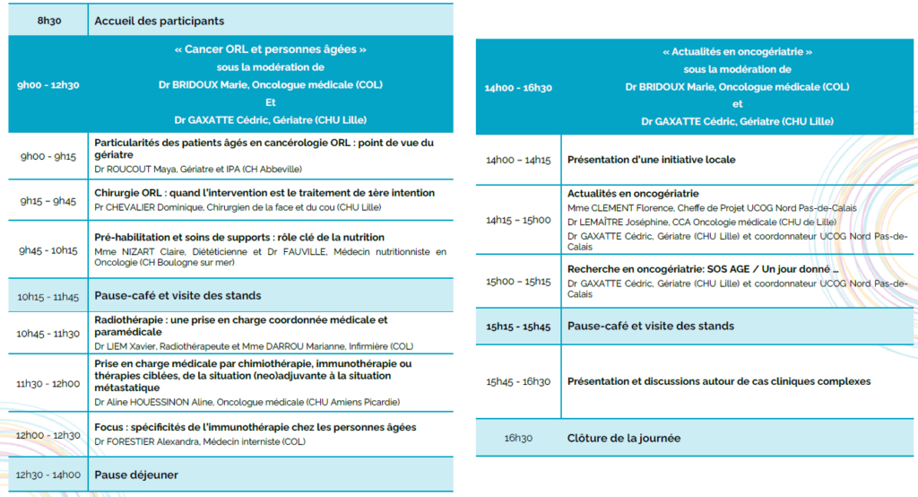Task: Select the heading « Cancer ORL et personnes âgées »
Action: click(270, 50)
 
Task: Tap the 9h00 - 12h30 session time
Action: click(48, 85)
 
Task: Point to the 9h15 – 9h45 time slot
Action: click(48, 201)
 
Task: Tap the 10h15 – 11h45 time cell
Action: click(48, 295)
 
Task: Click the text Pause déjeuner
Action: click(136, 475)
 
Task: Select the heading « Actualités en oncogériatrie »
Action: click(737, 52)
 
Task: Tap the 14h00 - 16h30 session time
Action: click(518, 87)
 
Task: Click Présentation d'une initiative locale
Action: click(651, 160)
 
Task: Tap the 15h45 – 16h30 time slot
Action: click(518, 382)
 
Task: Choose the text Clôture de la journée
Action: click(623, 439)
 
